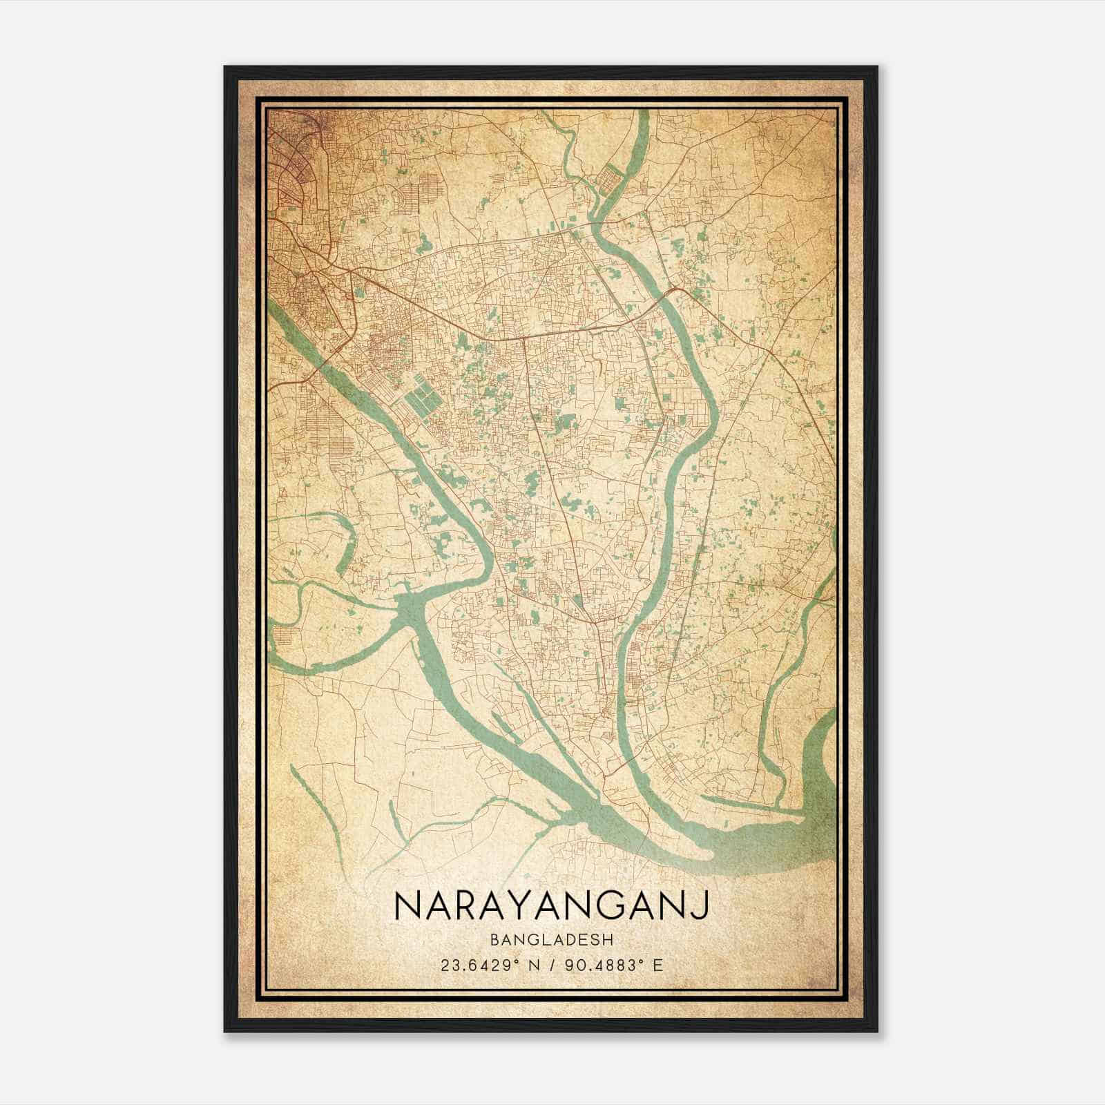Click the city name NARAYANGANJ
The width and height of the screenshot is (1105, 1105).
552,907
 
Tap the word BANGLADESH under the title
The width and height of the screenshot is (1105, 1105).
552,940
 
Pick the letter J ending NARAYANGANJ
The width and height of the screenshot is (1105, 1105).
702,907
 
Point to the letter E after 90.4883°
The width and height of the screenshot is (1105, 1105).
657,965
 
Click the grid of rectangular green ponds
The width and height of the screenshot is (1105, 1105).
423,396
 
